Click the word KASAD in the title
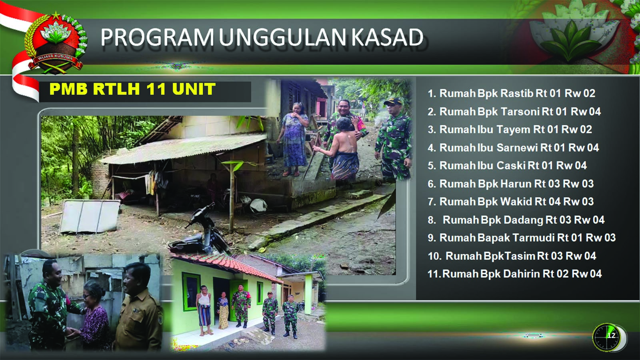[387, 38]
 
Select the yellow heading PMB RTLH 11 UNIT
[132, 89]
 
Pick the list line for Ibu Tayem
[510, 130]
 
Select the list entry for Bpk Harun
[510, 184]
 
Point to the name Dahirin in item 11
[521, 274]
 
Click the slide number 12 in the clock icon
[611, 336]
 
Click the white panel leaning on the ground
[90, 216]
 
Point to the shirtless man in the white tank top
[204, 310]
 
